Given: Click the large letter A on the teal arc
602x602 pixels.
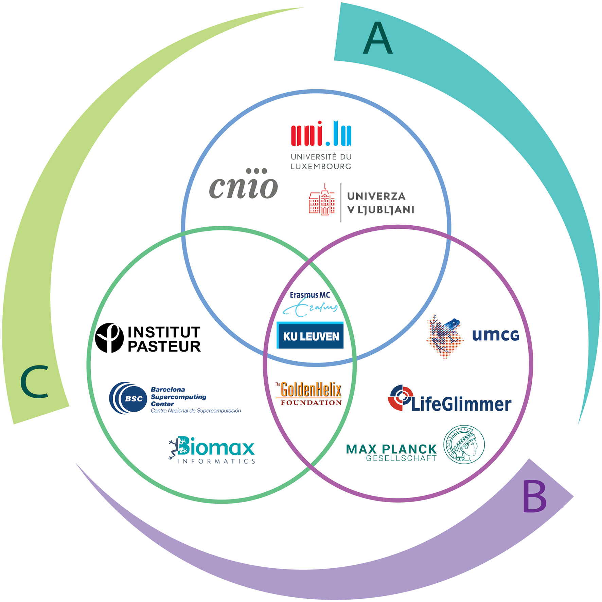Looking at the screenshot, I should (x=377, y=38).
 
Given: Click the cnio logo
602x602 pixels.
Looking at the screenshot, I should (x=243, y=185).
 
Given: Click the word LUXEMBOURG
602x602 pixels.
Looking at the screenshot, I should (x=321, y=167).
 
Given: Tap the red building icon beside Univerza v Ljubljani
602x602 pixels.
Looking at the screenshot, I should (x=322, y=201).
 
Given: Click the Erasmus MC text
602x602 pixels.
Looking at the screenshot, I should (x=309, y=295).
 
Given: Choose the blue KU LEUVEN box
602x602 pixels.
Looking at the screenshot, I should (x=311, y=336).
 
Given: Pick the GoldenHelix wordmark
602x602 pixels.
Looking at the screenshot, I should (x=311, y=390).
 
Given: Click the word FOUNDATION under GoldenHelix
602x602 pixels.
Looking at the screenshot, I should (x=311, y=403).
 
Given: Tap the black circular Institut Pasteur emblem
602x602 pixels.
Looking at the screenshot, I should (x=109, y=338).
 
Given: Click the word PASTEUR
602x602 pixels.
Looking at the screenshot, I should (x=164, y=346).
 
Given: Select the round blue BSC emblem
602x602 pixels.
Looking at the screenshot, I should (x=128, y=398).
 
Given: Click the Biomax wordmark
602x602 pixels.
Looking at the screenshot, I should (x=216, y=447).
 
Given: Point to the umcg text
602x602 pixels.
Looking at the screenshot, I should (x=495, y=335).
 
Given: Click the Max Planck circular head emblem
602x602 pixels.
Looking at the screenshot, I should (x=464, y=444).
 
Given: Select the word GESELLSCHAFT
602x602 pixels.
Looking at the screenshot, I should (x=401, y=458).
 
